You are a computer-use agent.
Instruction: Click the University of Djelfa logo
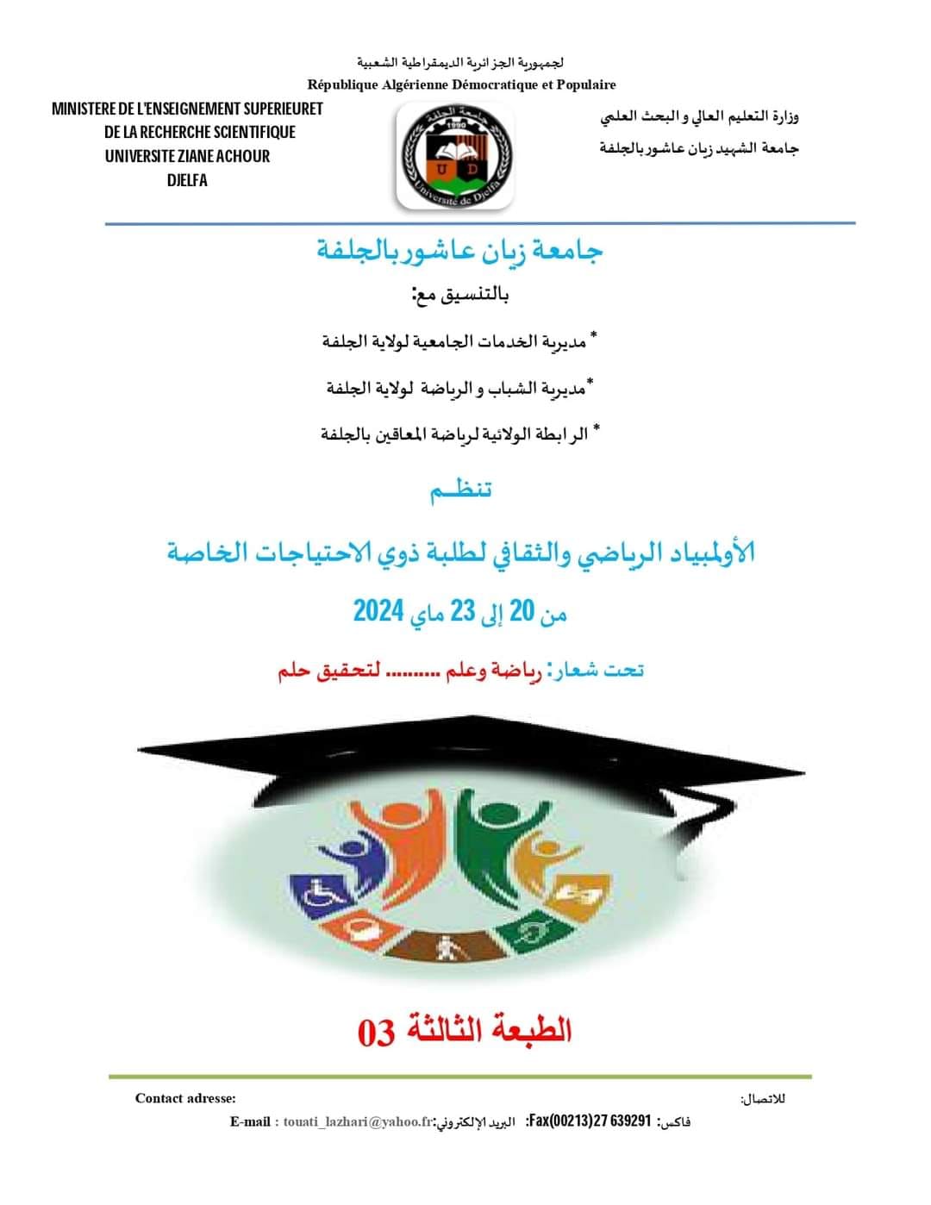(x=455, y=156)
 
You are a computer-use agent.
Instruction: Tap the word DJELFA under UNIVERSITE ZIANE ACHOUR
(x=187, y=180)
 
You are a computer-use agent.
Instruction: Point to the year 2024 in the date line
(x=378, y=611)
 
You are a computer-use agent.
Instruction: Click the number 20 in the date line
(x=522, y=611)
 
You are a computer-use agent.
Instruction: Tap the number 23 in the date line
(x=463, y=611)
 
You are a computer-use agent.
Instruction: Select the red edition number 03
(x=376, y=1032)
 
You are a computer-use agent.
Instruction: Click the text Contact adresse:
(x=185, y=1098)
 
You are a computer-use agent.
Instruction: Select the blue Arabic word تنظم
(x=461, y=490)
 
